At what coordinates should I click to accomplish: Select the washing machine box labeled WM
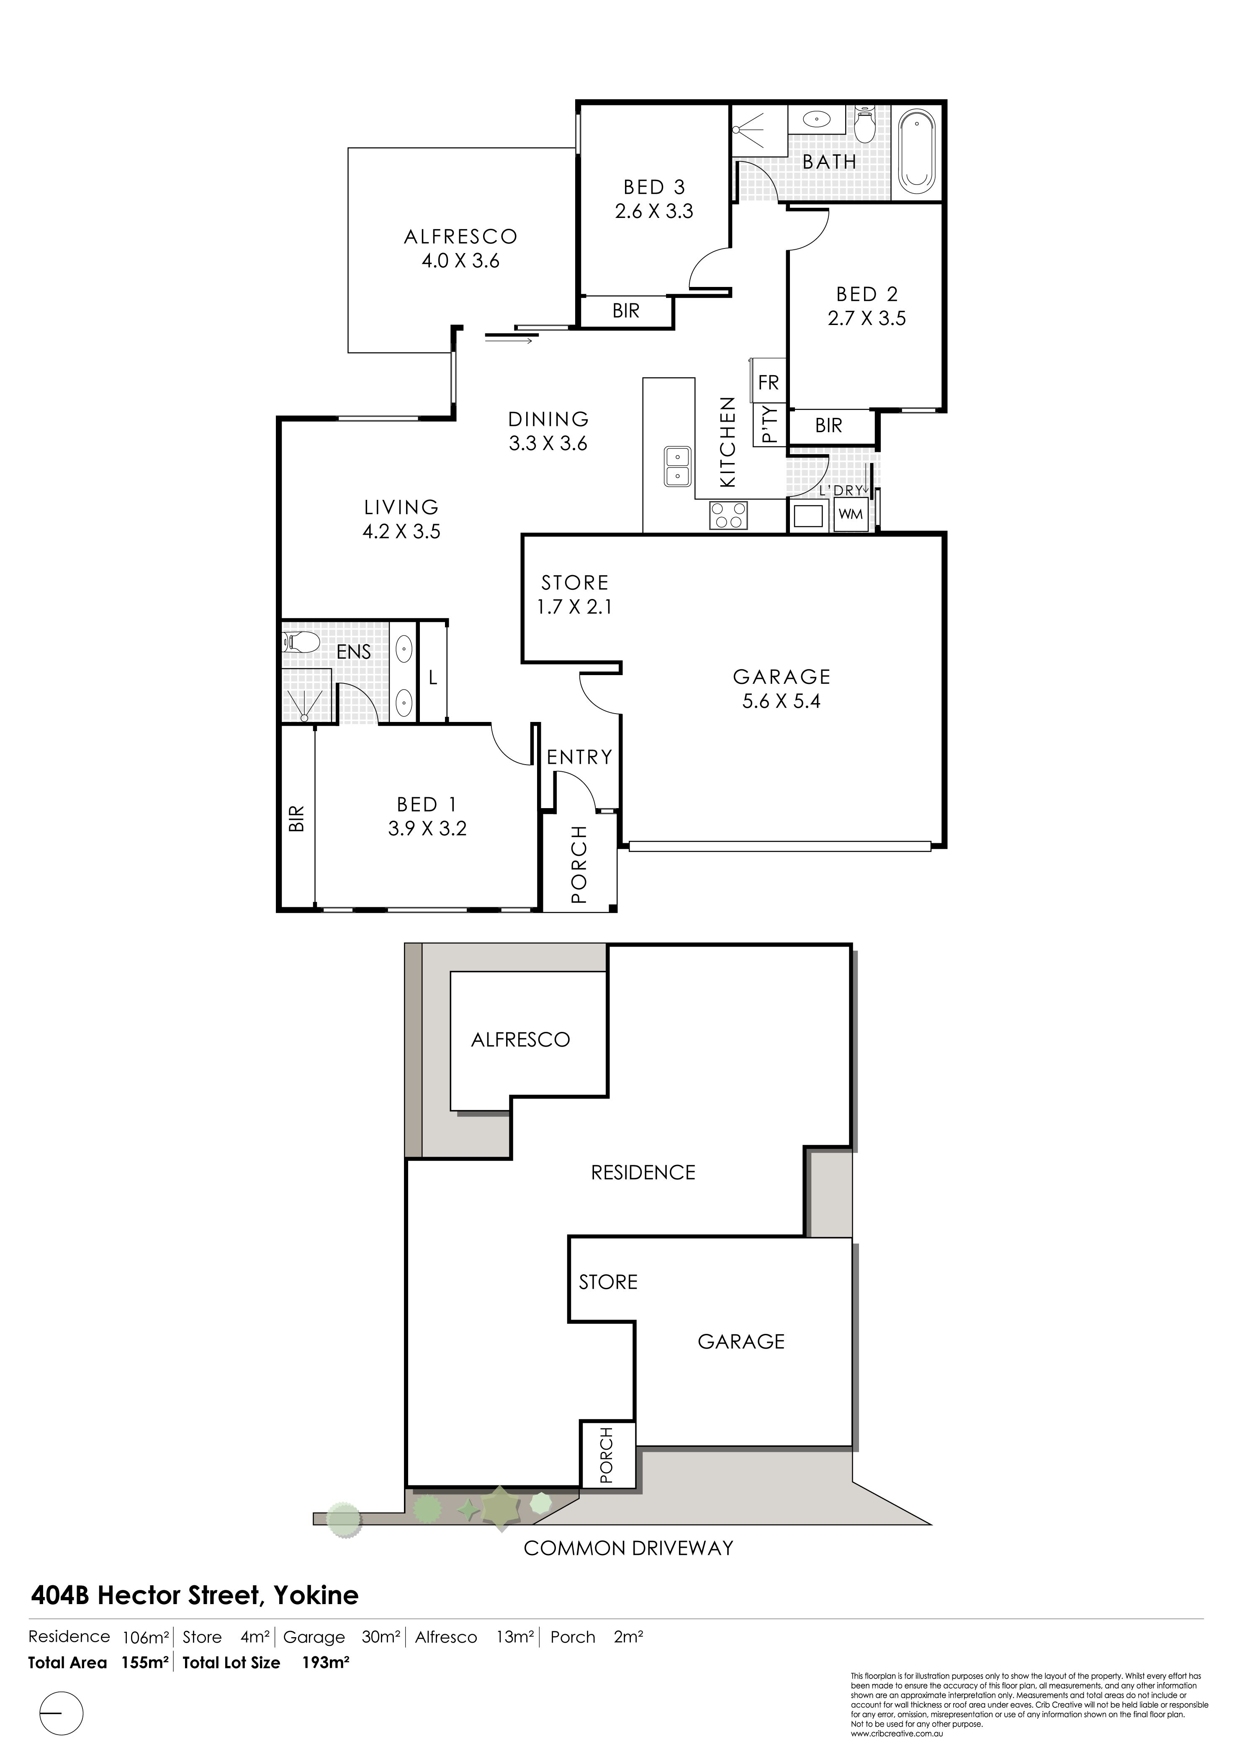851,514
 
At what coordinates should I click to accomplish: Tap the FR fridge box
769,382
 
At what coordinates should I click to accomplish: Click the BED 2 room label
867,294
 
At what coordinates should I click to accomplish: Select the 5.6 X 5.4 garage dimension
782,701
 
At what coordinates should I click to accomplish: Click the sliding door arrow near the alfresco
508,340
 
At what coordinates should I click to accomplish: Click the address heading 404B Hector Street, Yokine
194,1595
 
